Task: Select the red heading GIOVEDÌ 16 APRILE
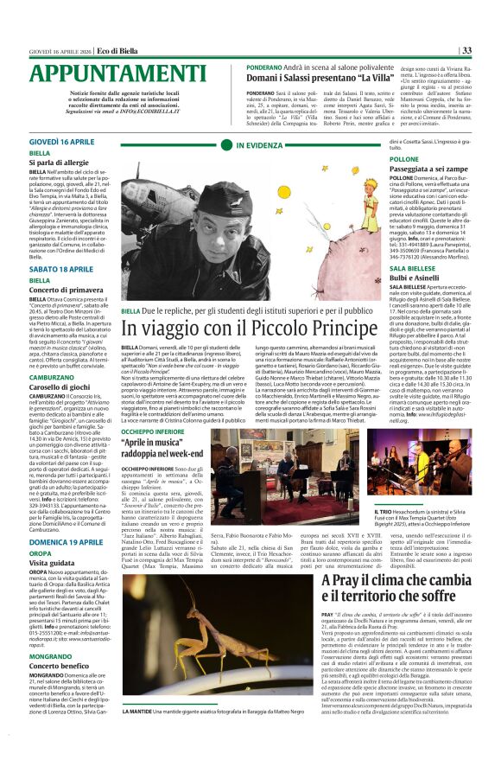pyautogui.click(x=62, y=140)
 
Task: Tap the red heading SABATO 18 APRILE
pyautogui.click(x=61, y=270)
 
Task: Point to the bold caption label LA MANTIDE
pyautogui.click(x=139, y=736)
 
